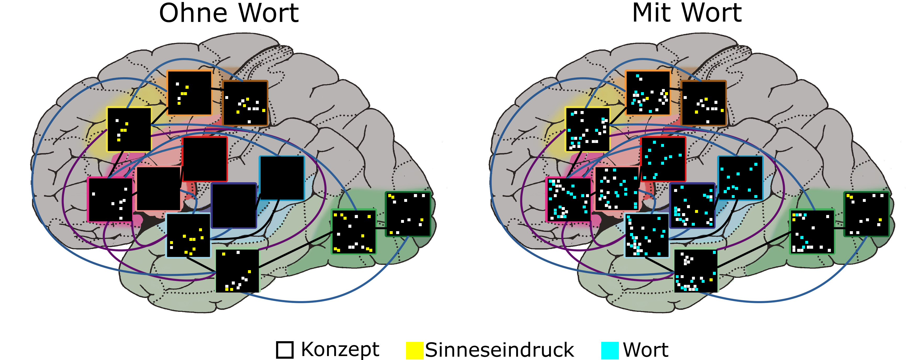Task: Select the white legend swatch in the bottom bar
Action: pos(285,350)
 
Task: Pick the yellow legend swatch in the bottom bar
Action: pos(415,350)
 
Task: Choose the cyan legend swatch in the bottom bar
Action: pos(610,350)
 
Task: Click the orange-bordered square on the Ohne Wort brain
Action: pos(189,93)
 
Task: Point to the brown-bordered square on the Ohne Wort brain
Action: pos(245,103)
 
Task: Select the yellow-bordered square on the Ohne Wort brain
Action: pos(129,130)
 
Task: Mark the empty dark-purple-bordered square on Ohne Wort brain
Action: pos(234,206)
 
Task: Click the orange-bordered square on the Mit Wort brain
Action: pos(648,93)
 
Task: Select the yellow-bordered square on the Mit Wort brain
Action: pos(588,130)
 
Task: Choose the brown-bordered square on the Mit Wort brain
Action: pos(704,103)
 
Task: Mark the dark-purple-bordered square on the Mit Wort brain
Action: pos(692,206)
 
